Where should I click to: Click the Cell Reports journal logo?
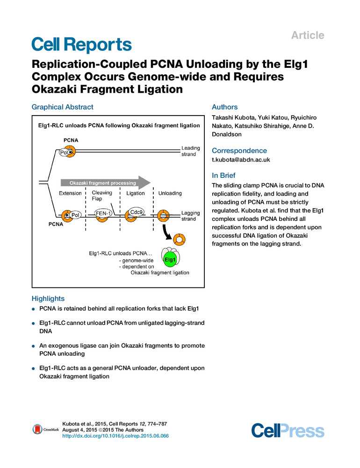tap(81, 45)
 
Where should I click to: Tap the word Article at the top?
tap(308, 35)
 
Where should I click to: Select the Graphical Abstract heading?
tap(62, 107)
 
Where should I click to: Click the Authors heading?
tap(225, 107)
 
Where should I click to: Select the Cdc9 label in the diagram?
tap(136, 212)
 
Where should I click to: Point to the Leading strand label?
tap(190, 151)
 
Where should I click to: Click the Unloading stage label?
tap(170, 193)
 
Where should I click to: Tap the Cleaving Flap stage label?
tap(102, 196)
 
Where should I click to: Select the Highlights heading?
tap(48, 298)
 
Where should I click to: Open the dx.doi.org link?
tap(115, 436)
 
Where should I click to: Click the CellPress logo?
tap(288, 430)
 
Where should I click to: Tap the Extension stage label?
tap(71, 193)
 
